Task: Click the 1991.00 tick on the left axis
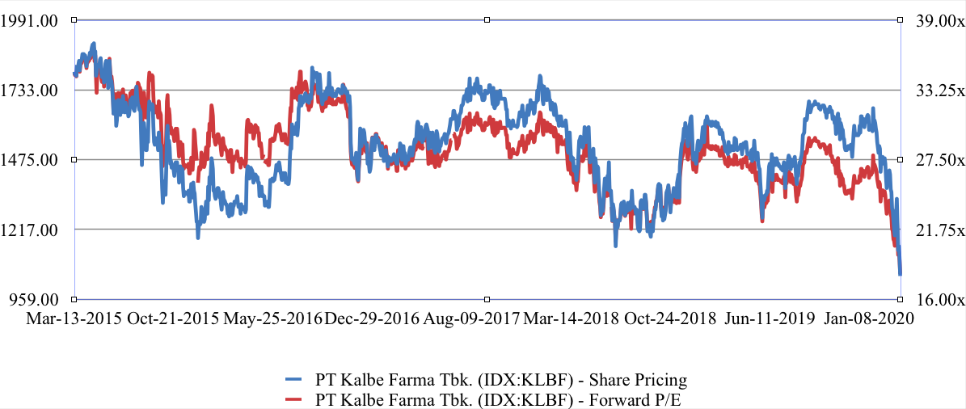(32, 21)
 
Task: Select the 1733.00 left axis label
(32, 91)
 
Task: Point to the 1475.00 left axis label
(32, 160)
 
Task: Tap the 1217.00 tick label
(32, 230)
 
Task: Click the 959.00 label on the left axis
(36, 299)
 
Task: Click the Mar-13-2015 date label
(74, 318)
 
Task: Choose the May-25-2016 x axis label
(272, 318)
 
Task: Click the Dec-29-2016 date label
(372, 318)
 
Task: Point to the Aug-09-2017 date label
(472, 318)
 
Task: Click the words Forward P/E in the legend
(648, 398)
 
